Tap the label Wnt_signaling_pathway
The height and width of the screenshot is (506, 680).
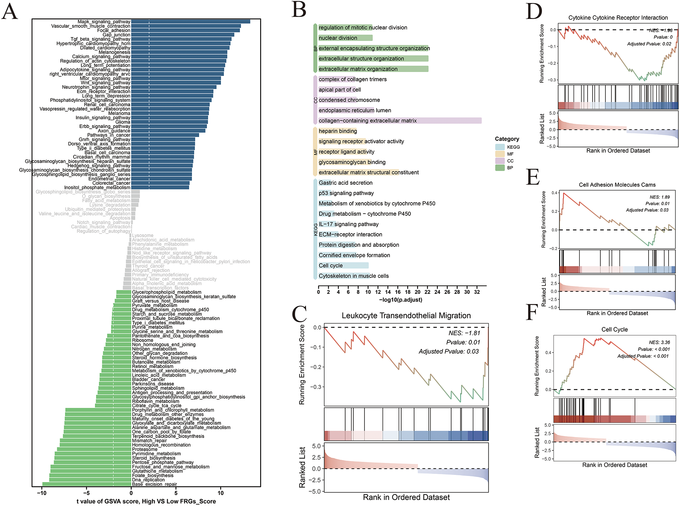click(105, 83)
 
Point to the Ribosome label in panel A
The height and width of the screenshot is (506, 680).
click(142, 340)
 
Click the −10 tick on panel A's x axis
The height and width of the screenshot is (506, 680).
click(42, 493)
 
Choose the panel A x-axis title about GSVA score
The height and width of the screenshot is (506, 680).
click(146, 501)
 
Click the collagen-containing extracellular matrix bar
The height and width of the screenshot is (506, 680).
click(400, 121)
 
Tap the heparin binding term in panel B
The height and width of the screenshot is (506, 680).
click(338, 131)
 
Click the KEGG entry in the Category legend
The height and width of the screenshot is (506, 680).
click(513, 147)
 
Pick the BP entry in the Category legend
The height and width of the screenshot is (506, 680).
click(510, 168)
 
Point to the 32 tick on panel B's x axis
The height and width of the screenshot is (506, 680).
click(477, 292)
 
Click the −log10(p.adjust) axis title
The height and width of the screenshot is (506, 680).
click(401, 300)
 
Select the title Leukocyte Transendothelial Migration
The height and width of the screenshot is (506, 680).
click(406, 316)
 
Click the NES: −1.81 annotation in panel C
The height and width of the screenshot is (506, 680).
click(464, 333)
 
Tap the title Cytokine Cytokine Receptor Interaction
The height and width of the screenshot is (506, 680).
click(618, 18)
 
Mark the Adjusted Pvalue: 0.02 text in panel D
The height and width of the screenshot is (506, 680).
click(649, 44)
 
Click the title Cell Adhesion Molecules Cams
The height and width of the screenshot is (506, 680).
click(617, 185)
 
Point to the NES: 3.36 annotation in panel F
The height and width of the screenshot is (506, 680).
click(659, 342)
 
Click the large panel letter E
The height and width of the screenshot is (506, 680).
click(533, 177)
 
